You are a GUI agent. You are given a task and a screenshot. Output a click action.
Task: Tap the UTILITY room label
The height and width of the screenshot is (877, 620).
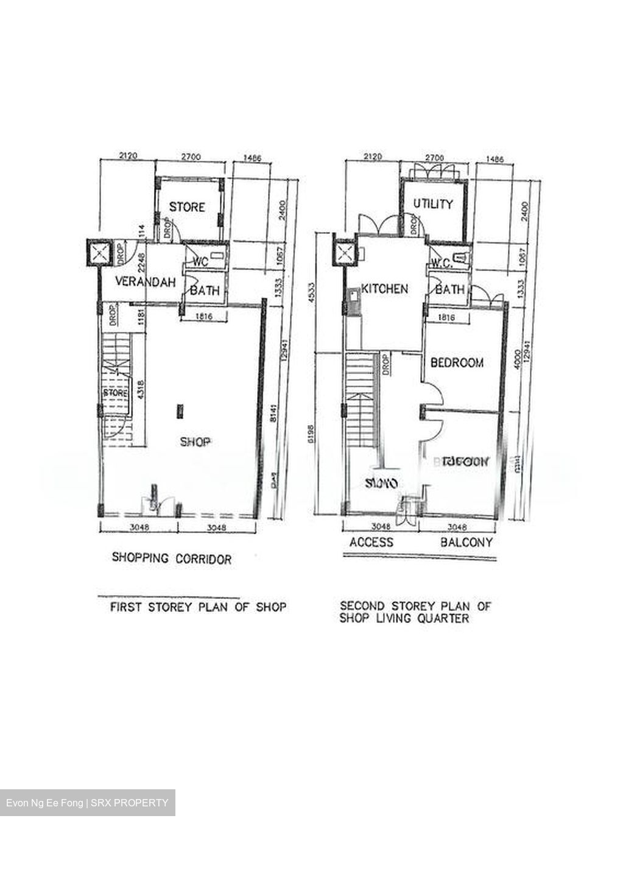pos(433,204)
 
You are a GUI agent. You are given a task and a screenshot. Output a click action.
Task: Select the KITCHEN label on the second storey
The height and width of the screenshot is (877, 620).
pos(385,289)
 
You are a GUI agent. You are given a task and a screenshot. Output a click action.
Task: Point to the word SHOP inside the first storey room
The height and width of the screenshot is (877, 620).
pos(195,442)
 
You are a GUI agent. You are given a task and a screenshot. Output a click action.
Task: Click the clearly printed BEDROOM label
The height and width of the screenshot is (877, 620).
pos(457,363)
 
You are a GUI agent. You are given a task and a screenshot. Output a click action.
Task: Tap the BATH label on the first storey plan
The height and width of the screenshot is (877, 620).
pos(205,291)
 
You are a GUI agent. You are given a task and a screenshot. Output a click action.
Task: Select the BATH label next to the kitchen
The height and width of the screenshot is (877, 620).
pos(449,290)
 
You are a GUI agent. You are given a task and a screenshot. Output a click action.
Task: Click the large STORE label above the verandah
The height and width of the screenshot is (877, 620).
pos(187,207)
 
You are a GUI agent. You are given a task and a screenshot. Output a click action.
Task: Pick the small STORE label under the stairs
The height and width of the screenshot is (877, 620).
pos(115,393)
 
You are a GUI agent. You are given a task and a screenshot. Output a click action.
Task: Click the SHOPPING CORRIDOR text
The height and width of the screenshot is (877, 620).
pos(172,558)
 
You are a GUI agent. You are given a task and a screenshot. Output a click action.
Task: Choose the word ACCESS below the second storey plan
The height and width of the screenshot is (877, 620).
pos(371,542)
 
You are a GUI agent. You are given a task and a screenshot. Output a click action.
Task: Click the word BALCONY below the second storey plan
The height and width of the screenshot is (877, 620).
pos(467,542)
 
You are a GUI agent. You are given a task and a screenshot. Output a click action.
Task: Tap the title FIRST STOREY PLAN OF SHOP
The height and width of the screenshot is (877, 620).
pos(197,607)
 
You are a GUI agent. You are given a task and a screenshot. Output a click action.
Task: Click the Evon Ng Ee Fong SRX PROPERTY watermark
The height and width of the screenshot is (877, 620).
pos(88,803)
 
